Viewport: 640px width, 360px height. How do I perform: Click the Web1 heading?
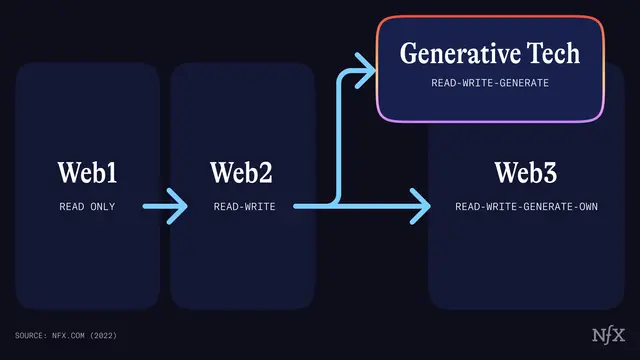87,172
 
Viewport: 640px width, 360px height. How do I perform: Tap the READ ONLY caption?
87,207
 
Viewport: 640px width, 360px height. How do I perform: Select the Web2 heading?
241,172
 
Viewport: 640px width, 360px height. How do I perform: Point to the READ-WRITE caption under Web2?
244,207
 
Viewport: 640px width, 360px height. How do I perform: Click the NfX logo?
606,333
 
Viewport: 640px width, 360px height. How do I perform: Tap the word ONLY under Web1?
102,207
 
